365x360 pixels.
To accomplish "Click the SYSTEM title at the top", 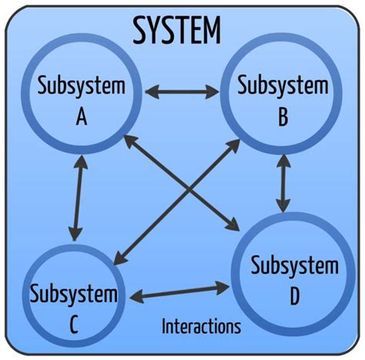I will (x=176, y=31).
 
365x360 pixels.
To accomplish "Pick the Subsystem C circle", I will (x=74, y=304).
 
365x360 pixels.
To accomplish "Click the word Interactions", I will (x=201, y=326).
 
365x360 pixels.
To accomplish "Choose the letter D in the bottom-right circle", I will (x=295, y=294).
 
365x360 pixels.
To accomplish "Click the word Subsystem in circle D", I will (x=295, y=267).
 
